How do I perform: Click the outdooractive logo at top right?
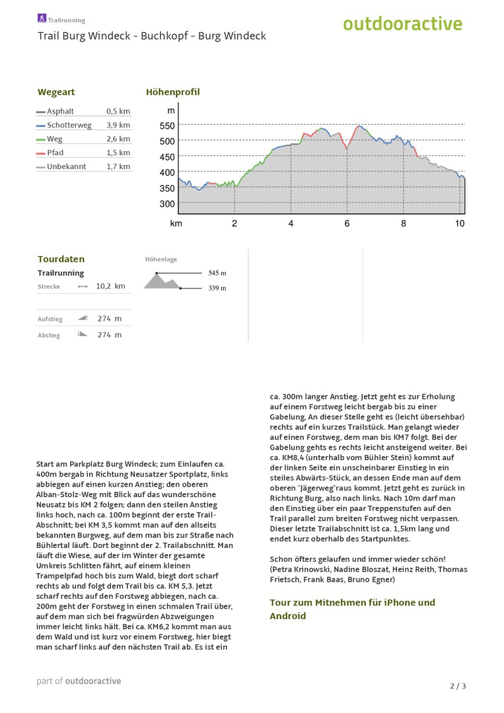(402, 24)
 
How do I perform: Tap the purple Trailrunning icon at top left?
(42, 18)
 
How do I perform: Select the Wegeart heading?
(56, 92)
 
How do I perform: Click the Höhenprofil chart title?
(172, 92)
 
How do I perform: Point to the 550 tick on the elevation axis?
(167, 125)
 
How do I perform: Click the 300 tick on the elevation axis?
(167, 204)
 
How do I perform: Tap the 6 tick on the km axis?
(347, 223)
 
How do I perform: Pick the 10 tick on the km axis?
(460, 223)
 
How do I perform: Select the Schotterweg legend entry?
(69, 125)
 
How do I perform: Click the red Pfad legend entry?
(55, 153)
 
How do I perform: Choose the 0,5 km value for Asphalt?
(118, 111)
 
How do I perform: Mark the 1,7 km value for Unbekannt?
(118, 166)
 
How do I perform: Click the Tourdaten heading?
(61, 259)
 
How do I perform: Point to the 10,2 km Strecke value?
(110, 286)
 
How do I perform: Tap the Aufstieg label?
(50, 319)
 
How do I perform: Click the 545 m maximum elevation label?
(217, 273)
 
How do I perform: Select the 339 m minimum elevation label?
(217, 288)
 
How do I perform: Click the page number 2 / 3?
(458, 686)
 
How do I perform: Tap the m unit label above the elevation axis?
(171, 110)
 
